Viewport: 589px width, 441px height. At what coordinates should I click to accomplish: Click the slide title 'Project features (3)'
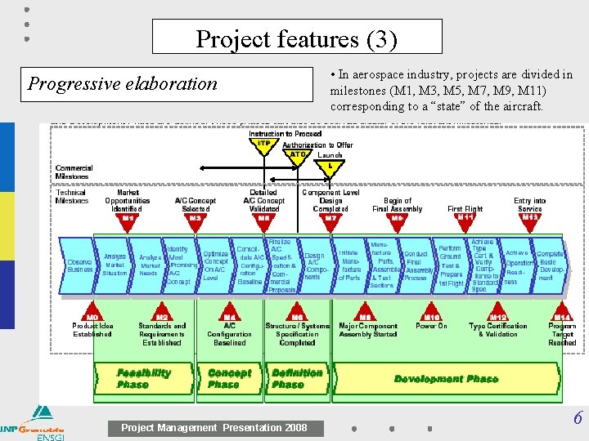point(296,38)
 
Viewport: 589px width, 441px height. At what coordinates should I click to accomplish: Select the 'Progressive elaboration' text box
point(123,83)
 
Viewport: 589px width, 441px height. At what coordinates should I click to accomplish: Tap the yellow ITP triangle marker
point(264,144)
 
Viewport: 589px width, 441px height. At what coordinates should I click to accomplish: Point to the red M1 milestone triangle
point(128,219)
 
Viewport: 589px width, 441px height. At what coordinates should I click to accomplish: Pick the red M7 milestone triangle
point(330,219)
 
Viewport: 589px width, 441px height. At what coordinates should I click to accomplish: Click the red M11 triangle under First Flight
point(465,219)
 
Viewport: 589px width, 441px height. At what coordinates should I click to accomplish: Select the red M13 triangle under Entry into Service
point(529,219)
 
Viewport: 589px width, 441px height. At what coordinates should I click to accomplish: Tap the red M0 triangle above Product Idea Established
point(92,318)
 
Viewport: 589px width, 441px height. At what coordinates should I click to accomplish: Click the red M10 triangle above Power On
point(431,318)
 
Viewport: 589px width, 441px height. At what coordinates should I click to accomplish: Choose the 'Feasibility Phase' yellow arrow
point(145,378)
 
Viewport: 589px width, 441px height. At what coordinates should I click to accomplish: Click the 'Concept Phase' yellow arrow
point(230,378)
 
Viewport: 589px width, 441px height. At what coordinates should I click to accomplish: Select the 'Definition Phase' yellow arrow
point(297,378)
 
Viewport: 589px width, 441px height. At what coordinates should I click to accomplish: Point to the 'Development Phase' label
point(446,379)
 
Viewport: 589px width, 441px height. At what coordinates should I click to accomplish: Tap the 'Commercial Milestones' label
point(74,172)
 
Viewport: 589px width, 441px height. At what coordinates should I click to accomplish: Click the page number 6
point(577,419)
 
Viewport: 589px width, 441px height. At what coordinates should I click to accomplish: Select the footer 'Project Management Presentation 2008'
point(214,427)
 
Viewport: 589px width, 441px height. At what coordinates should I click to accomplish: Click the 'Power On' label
point(431,326)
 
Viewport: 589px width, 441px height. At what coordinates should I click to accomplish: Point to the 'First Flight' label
point(465,209)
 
